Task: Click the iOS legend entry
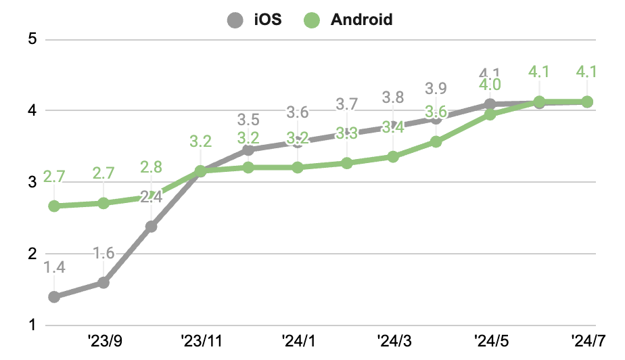click(x=254, y=20)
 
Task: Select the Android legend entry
click(x=349, y=20)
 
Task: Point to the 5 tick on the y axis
click(x=31, y=39)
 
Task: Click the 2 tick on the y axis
click(x=31, y=254)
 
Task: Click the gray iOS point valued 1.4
click(x=55, y=296)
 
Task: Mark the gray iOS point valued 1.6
click(x=103, y=282)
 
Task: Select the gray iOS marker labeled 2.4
click(x=152, y=226)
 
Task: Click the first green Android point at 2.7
click(x=55, y=206)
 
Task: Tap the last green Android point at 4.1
click(x=587, y=102)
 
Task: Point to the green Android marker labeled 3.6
click(x=436, y=141)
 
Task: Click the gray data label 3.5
click(x=248, y=120)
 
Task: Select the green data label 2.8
click(x=152, y=166)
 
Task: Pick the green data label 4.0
click(x=490, y=85)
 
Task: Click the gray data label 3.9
click(x=436, y=88)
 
